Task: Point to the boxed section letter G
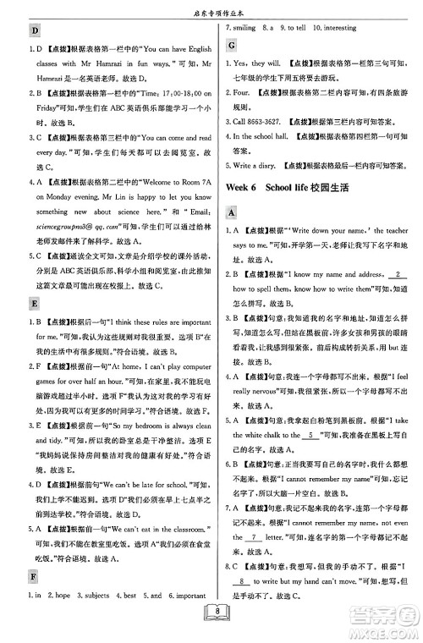[x=229, y=45]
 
